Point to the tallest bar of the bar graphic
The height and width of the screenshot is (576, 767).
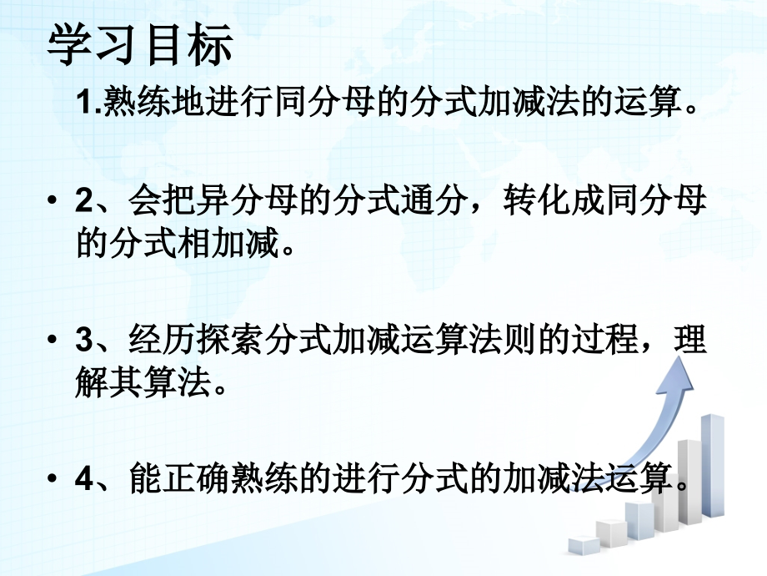pos(711,463)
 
